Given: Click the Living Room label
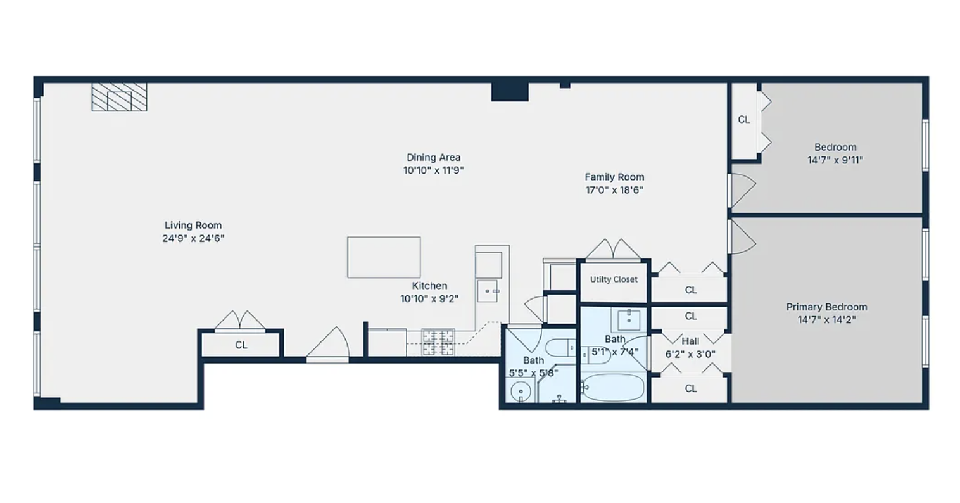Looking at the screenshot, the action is (193, 225).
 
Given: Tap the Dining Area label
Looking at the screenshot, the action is (433, 157).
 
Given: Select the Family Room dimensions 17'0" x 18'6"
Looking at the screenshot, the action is (614, 190).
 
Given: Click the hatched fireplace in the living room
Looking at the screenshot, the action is (119, 97).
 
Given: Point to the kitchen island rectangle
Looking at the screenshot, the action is (384, 257).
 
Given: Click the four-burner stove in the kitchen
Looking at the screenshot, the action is (438, 342).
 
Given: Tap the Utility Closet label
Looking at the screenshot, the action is (614, 279).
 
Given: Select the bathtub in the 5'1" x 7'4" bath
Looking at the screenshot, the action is (614, 387).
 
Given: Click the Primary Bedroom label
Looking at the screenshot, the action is (827, 307).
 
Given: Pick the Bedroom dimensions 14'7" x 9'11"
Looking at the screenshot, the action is (835, 160).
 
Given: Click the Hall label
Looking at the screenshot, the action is (690, 341).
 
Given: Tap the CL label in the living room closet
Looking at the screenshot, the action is (241, 345).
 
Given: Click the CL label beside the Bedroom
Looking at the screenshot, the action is (743, 120).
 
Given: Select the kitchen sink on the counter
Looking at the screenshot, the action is (488, 291).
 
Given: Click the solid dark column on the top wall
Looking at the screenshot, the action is (510, 92).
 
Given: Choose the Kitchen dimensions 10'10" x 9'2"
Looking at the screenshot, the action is (429, 298).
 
